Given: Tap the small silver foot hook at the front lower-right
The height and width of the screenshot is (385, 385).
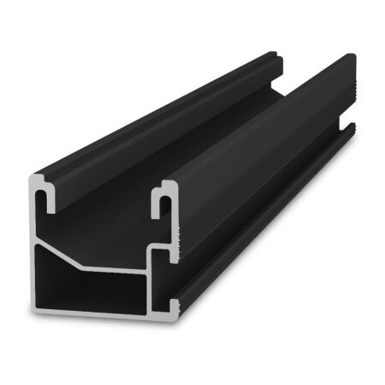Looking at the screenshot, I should pos(175,306).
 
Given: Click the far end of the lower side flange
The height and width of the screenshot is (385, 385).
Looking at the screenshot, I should pos(351,128).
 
